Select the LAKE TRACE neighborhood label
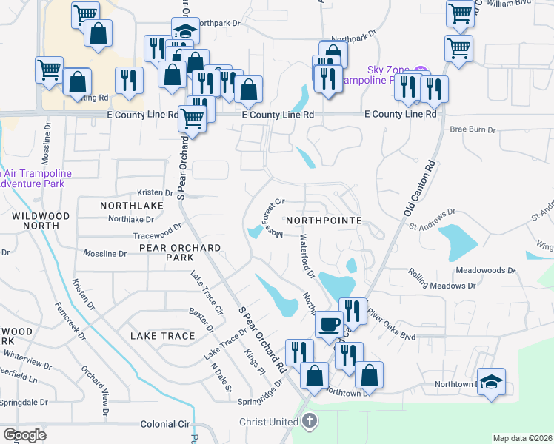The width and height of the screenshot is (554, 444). pos(162,336)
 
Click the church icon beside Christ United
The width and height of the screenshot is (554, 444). pos(310,422)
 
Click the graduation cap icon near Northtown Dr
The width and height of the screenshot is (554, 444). pos(491,381)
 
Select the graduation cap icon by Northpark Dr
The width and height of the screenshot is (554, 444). pos(184,31)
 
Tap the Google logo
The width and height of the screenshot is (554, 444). pos(24,434)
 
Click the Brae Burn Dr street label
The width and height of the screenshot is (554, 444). pos(473,129)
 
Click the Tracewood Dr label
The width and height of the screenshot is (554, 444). pos(157,232)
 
